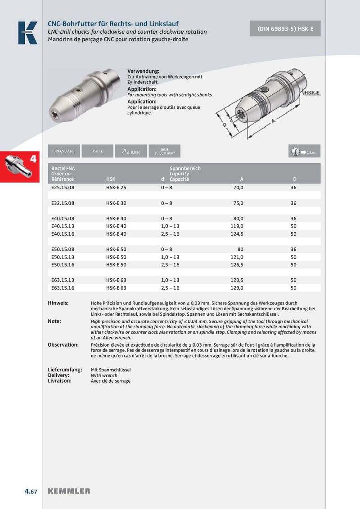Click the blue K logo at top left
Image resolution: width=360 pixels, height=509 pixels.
(27, 33)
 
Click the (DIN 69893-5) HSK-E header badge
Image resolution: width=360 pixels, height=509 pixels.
(286, 28)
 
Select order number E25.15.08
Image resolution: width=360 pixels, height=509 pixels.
(63, 188)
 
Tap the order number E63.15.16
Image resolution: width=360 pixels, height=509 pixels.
(63, 288)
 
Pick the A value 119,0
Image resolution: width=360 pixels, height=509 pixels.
(237, 226)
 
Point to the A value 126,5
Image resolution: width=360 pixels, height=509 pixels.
(237, 265)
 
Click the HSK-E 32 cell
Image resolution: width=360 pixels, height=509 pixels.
(116, 203)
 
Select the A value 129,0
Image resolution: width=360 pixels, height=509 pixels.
(237, 288)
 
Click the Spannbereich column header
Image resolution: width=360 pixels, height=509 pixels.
(185, 168)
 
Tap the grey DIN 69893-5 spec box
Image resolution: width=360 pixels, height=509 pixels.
(63, 151)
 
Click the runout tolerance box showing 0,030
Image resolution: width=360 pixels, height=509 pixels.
(128, 152)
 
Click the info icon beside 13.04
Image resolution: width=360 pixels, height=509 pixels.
(296, 152)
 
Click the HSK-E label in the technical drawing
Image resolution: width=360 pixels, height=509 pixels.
(312, 93)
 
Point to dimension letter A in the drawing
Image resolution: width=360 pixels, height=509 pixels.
(274, 121)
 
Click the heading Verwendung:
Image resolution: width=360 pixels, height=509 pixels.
(144, 71)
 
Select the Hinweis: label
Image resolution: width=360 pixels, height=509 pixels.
(58, 304)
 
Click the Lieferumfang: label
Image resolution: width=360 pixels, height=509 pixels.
(65, 370)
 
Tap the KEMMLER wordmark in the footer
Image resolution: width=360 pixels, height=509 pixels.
(69, 491)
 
